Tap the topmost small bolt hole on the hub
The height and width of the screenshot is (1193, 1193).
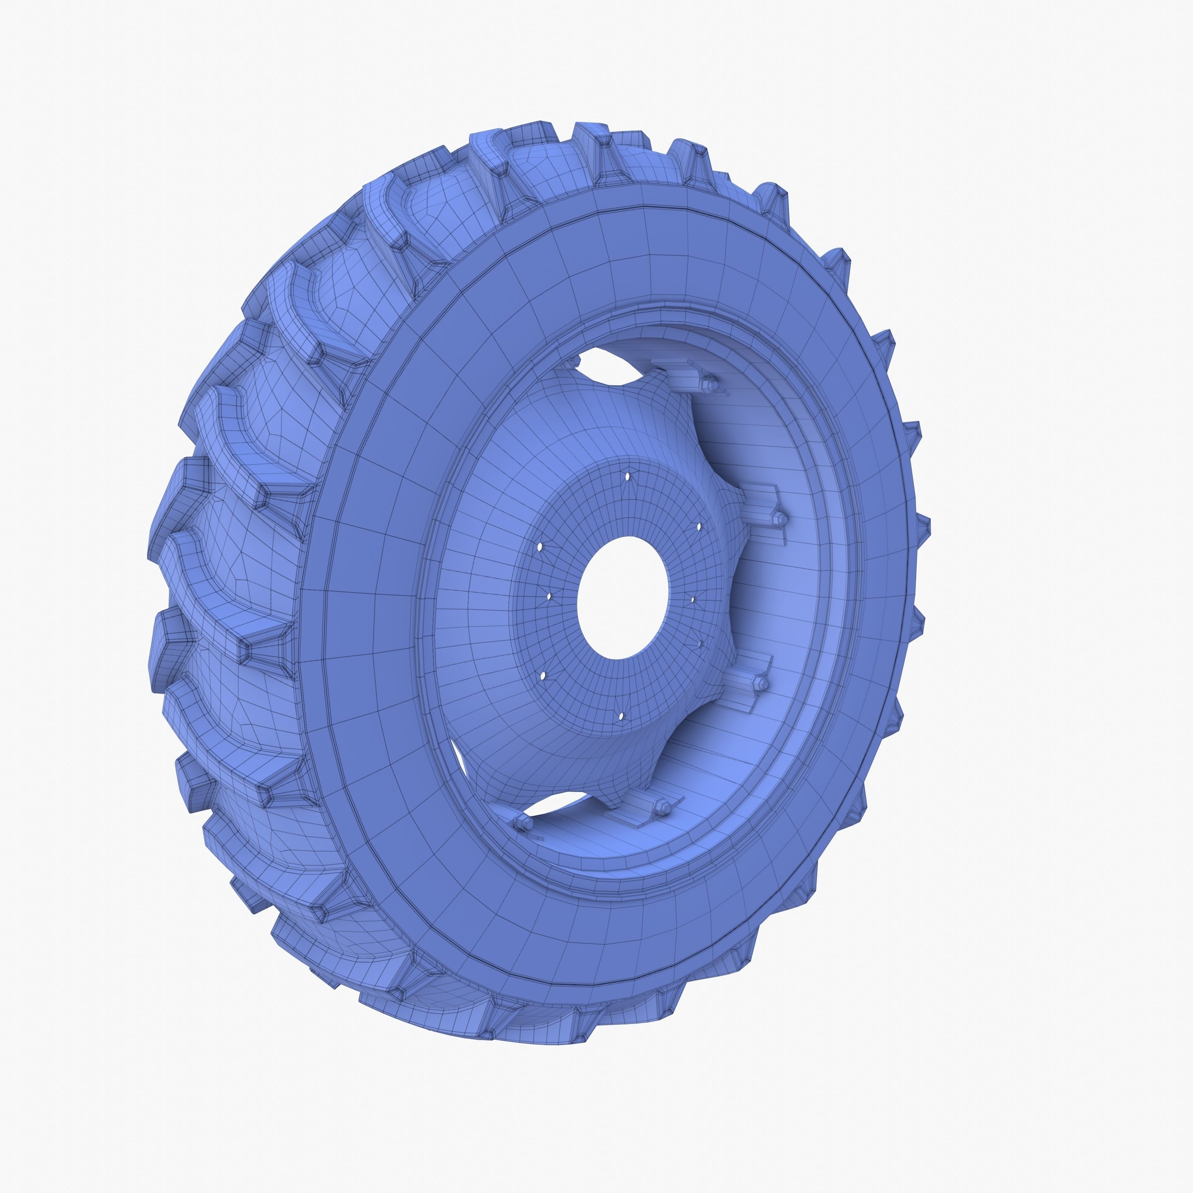[628, 477]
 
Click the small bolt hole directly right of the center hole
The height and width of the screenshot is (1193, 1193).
[693, 599]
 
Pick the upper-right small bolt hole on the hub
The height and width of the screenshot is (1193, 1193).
[698, 527]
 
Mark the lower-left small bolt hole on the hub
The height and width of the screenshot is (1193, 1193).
[543, 676]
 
